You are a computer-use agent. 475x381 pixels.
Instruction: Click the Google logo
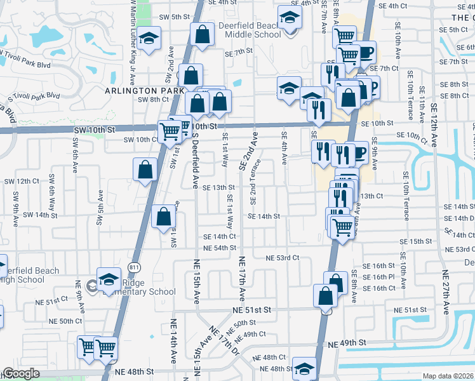tap(21, 374)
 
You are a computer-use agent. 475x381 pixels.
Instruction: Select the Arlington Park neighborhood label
tap(139, 91)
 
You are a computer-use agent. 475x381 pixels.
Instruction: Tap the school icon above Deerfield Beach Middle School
tap(290, 17)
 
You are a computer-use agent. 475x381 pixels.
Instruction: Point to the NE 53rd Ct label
tap(283, 258)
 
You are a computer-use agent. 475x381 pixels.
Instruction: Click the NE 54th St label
tap(220, 248)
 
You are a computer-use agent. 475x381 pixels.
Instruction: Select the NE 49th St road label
tap(347, 343)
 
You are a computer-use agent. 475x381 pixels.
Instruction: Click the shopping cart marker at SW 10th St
tap(170, 131)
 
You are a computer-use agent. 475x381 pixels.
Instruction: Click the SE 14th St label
tap(264, 217)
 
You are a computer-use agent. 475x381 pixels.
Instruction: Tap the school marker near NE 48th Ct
tap(304, 368)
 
